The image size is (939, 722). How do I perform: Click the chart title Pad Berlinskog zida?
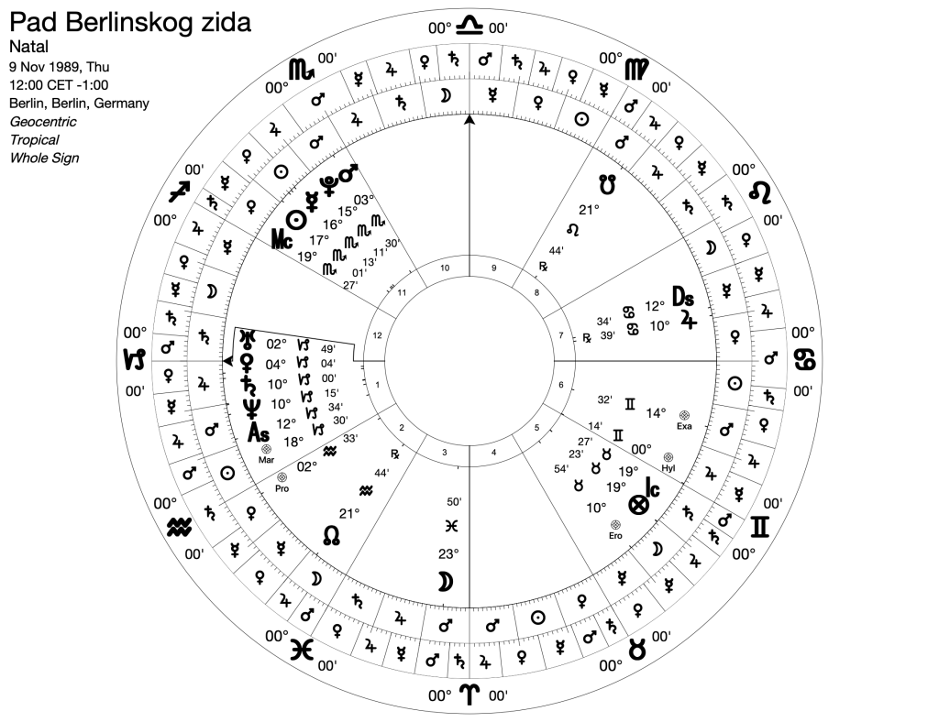tap(128, 22)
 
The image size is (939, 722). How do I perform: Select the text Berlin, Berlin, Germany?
tap(79, 103)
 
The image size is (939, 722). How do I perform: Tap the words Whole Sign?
tap(44, 158)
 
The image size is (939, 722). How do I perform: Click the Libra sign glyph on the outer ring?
tap(470, 23)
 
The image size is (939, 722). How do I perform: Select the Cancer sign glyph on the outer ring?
tap(805, 360)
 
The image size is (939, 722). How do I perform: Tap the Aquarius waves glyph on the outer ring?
tap(180, 527)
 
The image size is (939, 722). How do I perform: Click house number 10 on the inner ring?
tap(446, 268)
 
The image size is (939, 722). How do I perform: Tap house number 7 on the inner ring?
tap(561, 336)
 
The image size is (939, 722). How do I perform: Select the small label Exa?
tap(683, 426)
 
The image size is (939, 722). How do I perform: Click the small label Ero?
tap(616, 534)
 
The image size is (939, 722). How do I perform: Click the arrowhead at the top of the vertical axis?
tap(469, 120)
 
